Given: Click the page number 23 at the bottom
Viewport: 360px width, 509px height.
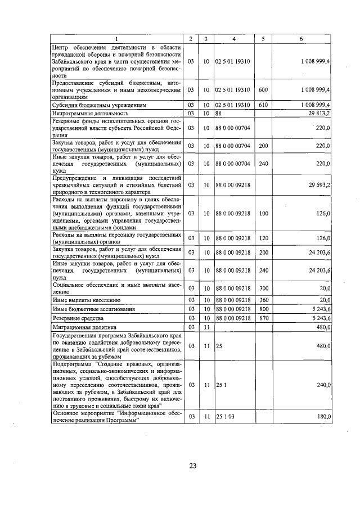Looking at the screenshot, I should pos(192,465).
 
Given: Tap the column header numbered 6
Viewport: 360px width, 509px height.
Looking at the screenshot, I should pos(301,39).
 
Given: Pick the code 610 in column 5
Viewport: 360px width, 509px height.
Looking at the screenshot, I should pos(263,105).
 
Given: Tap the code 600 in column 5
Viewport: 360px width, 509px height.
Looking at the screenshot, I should pos(263,89).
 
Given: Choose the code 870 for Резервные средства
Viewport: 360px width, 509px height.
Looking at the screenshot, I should pos(263,318).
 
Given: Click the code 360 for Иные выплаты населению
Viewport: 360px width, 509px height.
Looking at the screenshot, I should pos(263,300).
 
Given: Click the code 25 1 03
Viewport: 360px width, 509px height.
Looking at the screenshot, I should pos(225,416).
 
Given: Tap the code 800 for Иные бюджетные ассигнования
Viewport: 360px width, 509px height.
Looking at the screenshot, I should pos(263,308).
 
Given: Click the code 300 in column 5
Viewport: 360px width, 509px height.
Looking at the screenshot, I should pos(263,288).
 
